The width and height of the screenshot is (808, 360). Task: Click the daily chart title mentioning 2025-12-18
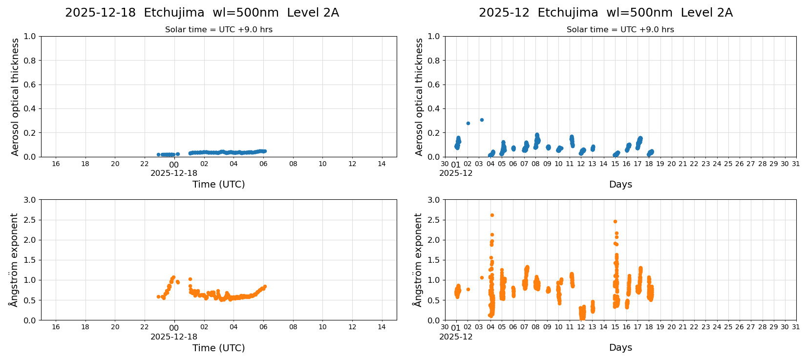(202, 13)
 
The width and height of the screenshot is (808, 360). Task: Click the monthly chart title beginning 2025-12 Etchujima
(605, 13)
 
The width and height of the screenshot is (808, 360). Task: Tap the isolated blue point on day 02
(468, 123)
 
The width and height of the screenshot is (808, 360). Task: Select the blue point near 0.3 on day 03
(482, 120)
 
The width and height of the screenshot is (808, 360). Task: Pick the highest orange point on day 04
(492, 215)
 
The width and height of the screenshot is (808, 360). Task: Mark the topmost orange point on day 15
(615, 221)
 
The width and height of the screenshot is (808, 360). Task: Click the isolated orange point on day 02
(468, 289)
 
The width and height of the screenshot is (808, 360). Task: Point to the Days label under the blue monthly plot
(620, 184)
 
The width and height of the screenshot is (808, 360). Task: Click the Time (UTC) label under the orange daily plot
(218, 348)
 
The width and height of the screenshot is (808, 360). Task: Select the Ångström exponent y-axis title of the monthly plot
(418, 259)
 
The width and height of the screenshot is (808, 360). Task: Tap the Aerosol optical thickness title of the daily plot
(15, 97)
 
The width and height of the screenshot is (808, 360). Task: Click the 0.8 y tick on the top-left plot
(30, 61)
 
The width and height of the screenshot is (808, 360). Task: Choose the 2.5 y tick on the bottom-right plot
(434, 220)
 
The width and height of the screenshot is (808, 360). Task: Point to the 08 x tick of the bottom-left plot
(293, 327)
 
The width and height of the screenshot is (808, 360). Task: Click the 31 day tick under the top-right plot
(796, 164)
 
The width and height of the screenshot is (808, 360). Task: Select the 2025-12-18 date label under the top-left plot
(174, 173)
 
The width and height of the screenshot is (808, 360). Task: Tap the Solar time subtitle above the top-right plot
(620, 29)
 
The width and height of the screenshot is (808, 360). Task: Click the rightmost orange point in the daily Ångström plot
(265, 286)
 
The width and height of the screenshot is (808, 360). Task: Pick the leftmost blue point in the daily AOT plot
(158, 154)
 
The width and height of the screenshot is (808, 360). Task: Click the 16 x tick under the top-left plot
(56, 164)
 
